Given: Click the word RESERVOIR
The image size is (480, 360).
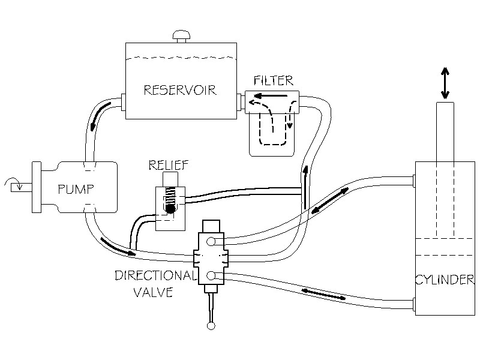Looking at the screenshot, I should (x=180, y=91).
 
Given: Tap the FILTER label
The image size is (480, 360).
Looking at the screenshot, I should (x=273, y=80).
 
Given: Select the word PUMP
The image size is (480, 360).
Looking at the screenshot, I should (x=76, y=190).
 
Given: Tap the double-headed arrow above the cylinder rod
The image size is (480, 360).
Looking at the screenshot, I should (x=445, y=83).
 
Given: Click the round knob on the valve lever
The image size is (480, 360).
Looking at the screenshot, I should (x=211, y=326).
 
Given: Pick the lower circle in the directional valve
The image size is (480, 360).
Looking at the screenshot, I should (x=211, y=275).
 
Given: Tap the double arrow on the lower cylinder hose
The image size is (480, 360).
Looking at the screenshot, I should (x=324, y=292).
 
